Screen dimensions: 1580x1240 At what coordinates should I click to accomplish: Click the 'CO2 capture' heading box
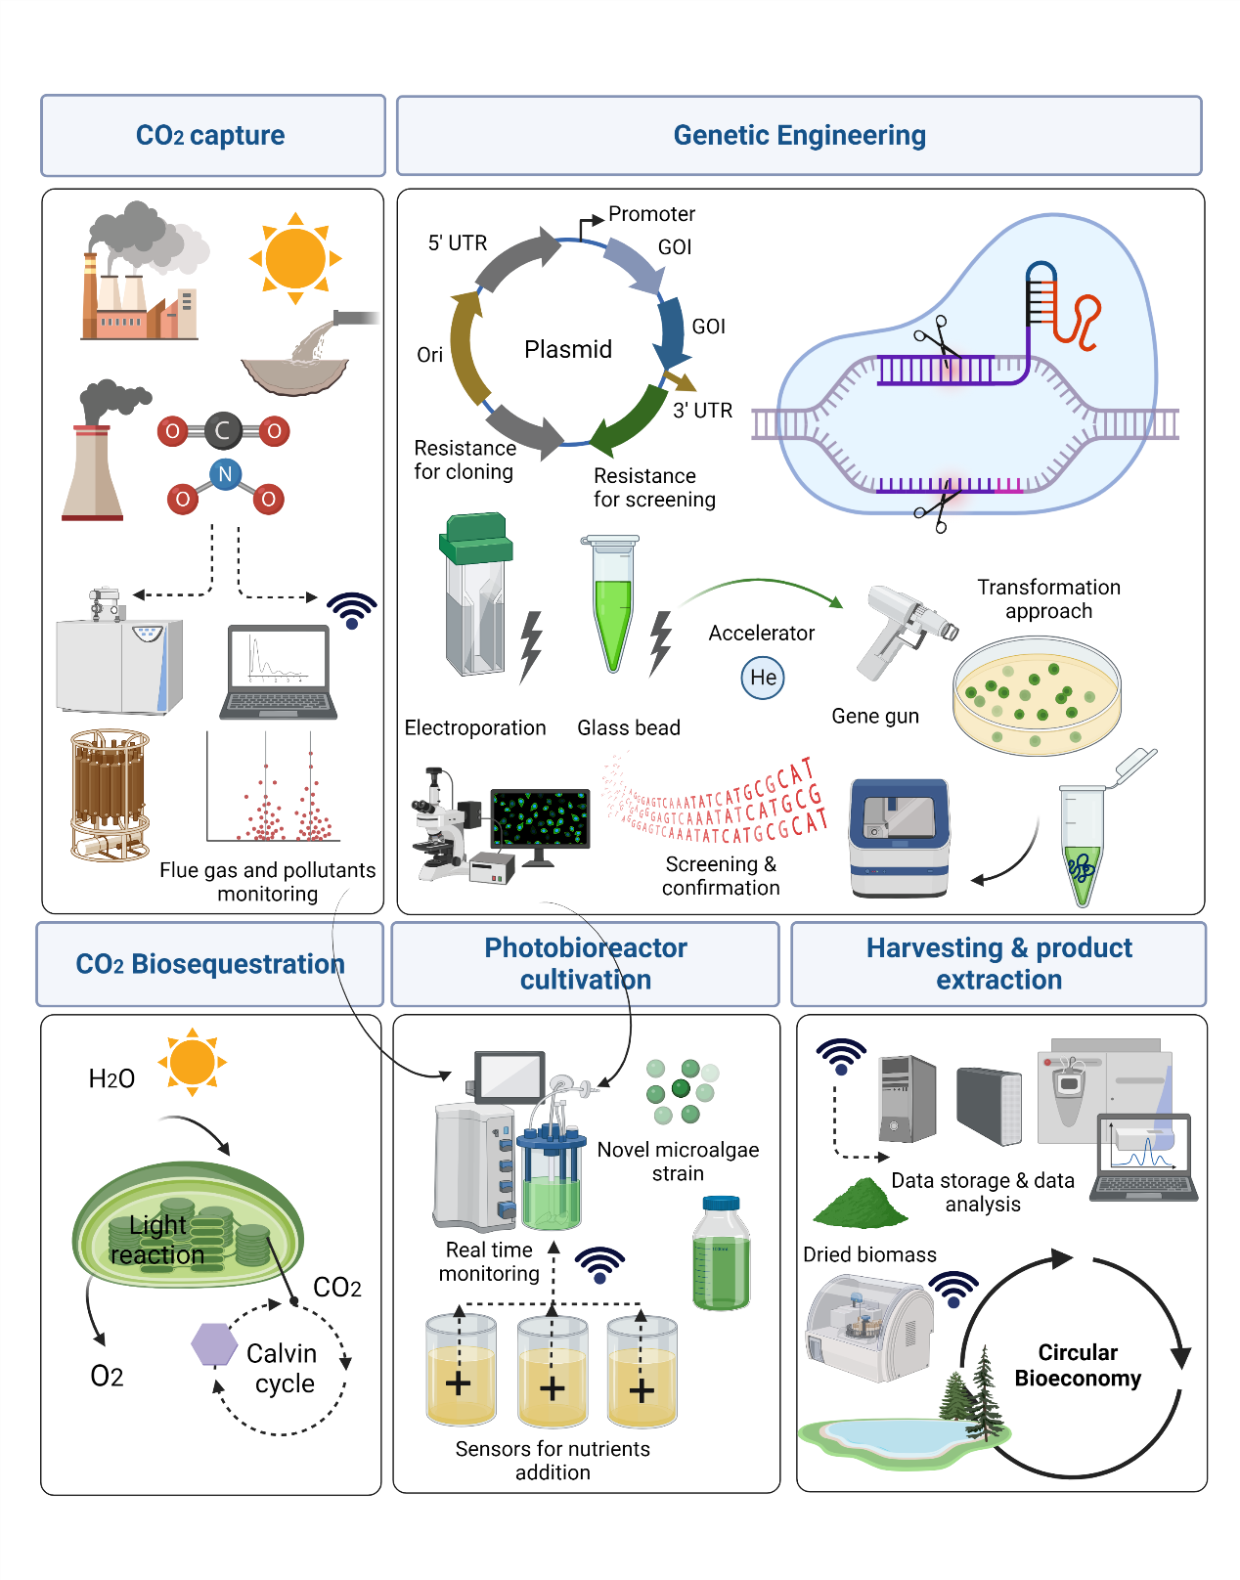click(212, 135)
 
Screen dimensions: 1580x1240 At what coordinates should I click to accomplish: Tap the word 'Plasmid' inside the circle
click(567, 349)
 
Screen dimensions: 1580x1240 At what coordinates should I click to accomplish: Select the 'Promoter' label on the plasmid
click(651, 214)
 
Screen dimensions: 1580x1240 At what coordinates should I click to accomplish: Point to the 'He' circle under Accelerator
click(763, 678)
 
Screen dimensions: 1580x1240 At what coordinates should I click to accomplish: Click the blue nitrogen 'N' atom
click(225, 475)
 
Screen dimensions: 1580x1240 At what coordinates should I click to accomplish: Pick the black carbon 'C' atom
click(223, 430)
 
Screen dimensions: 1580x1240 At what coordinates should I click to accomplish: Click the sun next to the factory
click(295, 258)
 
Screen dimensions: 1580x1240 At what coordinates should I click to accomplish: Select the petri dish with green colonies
click(1037, 695)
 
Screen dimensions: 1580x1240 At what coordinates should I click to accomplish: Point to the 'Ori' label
click(430, 355)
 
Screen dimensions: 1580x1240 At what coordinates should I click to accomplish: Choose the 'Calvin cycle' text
click(283, 1368)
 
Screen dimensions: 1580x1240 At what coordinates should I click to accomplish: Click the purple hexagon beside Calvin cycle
click(214, 1344)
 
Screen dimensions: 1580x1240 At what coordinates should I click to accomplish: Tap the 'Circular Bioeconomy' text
click(1077, 1365)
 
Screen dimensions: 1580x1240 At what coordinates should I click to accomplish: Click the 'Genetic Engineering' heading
click(799, 135)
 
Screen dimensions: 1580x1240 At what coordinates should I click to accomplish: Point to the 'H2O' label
click(111, 1078)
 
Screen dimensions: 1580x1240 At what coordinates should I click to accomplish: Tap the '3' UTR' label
click(702, 411)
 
